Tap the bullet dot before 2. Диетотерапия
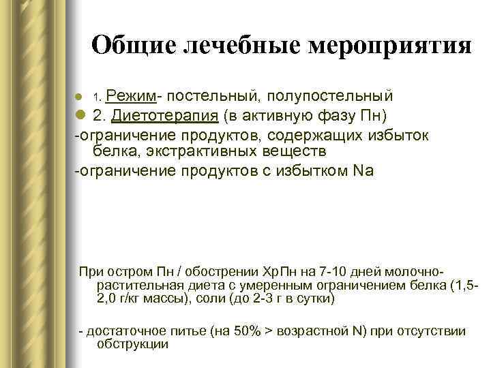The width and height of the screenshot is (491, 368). click(x=79, y=112)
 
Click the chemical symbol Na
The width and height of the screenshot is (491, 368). click(x=365, y=171)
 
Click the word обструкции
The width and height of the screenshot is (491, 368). click(x=133, y=344)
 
